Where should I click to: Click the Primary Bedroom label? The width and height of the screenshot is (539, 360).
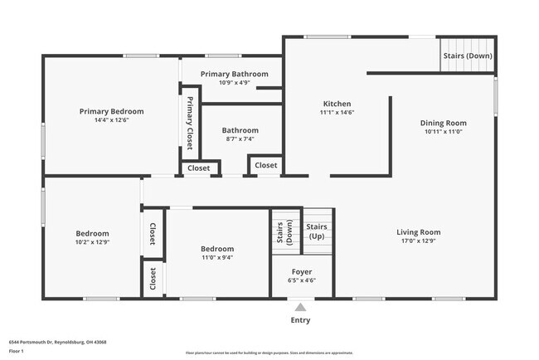pos(111,111)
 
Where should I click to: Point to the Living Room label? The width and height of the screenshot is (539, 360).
pos(418,232)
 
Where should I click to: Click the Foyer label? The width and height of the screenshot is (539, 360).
pos(302,272)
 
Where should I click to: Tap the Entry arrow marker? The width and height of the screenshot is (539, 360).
pos(300,306)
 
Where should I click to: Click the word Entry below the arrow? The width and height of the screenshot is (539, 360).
pos(300,320)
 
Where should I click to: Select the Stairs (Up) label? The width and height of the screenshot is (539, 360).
pos(316,231)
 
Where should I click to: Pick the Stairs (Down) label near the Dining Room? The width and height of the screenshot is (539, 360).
pos(468,56)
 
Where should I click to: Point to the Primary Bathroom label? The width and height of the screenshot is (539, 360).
pos(233,74)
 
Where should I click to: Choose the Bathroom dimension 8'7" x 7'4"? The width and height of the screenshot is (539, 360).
pos(240,139)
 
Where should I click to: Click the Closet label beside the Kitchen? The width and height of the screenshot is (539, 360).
pos(266,166)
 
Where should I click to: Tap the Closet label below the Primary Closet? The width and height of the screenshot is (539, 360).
pos(199,168)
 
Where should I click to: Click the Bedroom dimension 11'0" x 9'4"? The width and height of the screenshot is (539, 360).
pos(216,257)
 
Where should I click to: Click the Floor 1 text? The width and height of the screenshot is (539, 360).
pos(17,351)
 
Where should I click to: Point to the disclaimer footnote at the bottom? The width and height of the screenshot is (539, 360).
pos(269,353)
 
